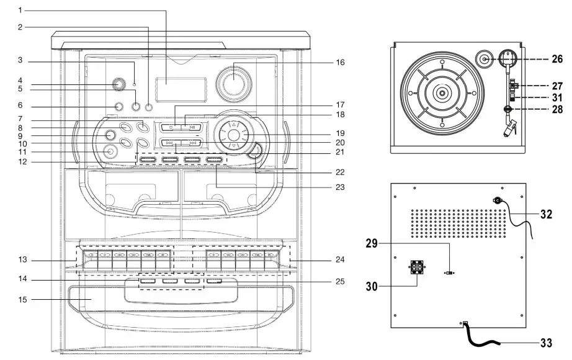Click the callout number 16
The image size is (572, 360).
[339, 62]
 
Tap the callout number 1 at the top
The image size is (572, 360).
[20, 10]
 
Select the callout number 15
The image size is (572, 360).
[20, 300]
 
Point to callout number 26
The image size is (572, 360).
[556, 60]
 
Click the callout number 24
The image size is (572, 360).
[339, 259]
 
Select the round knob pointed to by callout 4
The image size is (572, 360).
[116, 86]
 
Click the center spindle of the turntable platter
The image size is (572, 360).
[441, 93]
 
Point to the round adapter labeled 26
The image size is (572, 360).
[485, 60]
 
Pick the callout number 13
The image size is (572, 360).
[20, 259]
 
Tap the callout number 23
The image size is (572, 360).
[339, 186]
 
